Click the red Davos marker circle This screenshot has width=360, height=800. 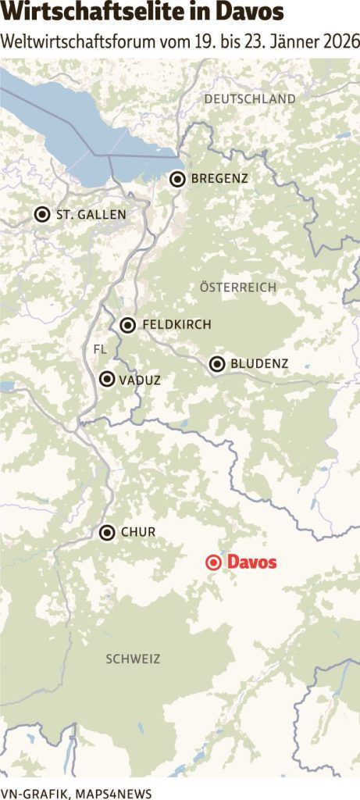[212, 562]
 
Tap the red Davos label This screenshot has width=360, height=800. [251, 562]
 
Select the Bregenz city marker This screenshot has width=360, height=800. [178, 179]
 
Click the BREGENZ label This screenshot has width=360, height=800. [219, 179]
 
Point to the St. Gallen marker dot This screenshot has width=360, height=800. [42, 214]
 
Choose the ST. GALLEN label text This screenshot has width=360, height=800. [91, 214]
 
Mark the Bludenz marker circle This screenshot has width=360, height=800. [217, 363]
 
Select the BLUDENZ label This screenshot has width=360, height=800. [260, 363]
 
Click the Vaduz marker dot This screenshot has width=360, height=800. [107, 380]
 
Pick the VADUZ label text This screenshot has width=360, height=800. [141, 380]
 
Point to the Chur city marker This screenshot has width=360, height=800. [107, 533]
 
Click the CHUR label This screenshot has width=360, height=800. [138, 533]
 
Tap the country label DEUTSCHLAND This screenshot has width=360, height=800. [250, 99]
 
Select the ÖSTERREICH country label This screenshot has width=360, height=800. [238, 287]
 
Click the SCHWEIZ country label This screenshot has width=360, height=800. [133, 659]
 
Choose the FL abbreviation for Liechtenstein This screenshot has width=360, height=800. [99, 348]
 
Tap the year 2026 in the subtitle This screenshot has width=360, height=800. [343, 41]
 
